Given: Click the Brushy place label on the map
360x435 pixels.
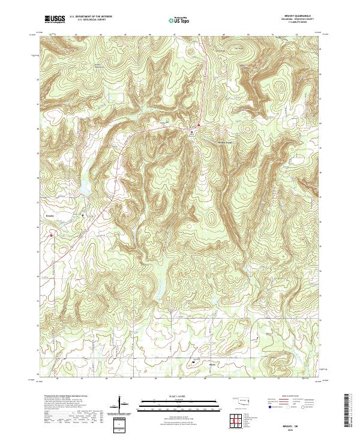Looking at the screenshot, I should pyautogui.click(x=33, y=212).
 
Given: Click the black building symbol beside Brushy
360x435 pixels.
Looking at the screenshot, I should pyautogui.click(x=83, y=214).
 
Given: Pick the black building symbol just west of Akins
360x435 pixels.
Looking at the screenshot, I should pyautogui.click(x=194, y=362).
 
